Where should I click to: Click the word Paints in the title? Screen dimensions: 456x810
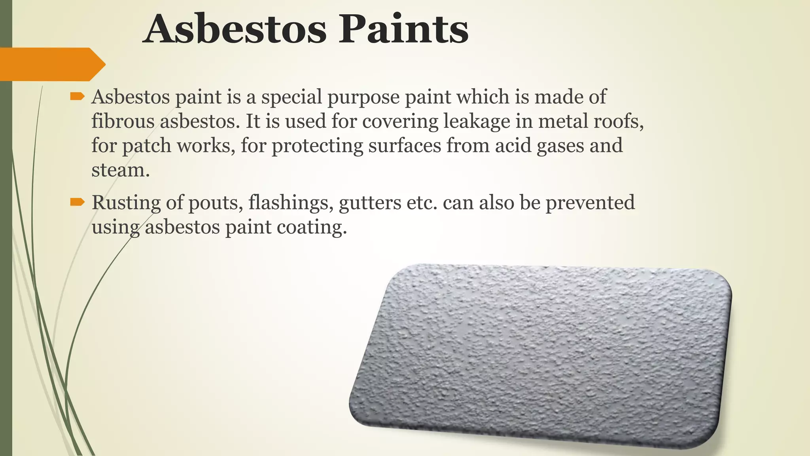(403, 29)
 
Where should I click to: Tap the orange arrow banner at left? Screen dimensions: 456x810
(51, 64)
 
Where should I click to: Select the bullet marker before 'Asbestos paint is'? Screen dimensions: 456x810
(77, 96)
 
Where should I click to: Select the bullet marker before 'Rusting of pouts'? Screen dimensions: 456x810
(77, 202)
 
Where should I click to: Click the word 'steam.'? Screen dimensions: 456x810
(121, 170)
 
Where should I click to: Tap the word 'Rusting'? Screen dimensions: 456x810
(126, 203)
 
